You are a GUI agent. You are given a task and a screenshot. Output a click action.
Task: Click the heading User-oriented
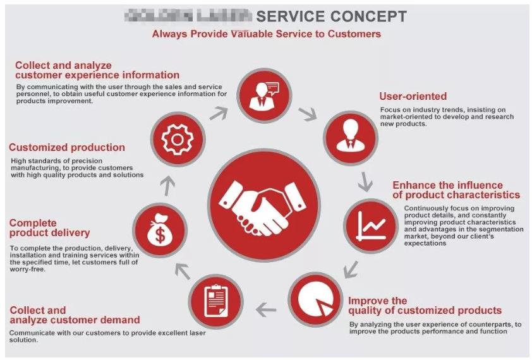coord(413,97)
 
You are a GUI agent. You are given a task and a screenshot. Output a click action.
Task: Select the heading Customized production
coord(67,148)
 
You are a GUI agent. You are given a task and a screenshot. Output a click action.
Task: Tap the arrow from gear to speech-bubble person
coord(218,113)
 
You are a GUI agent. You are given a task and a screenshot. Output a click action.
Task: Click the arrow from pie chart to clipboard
coord(266,309)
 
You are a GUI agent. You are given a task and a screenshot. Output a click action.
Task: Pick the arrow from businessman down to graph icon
coord(365,182)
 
